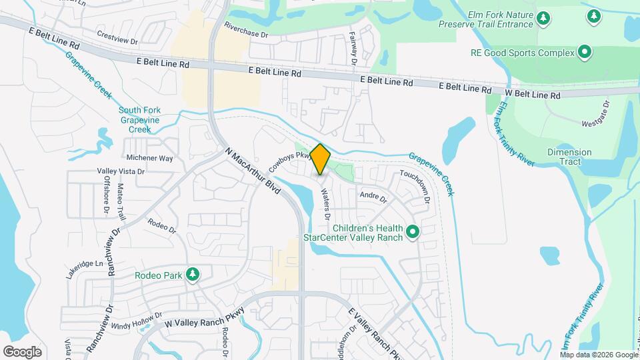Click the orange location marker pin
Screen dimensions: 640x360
point(321,159)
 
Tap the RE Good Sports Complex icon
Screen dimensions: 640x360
point(585,52)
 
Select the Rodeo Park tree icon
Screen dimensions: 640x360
point(193,275)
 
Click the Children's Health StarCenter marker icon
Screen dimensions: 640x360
point(413,232)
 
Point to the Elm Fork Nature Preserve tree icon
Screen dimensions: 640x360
point(544,19)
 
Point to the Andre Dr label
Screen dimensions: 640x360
point(373,197)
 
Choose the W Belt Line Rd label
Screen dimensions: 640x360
point(532,94)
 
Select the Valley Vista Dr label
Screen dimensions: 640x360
point(121,171)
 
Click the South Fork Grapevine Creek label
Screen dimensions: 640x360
point(140,120)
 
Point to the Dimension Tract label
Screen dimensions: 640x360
point(569,157)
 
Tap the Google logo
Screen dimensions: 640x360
point(22,352)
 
